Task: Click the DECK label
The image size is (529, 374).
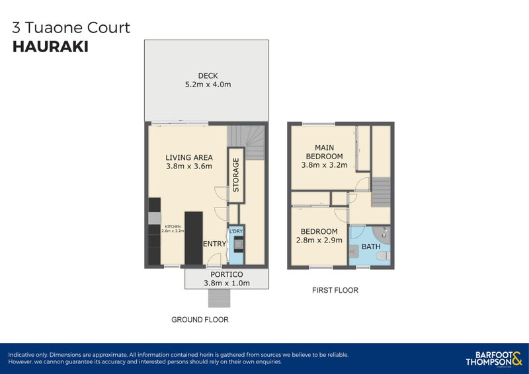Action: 208,75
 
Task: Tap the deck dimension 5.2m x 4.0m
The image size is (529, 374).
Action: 208,85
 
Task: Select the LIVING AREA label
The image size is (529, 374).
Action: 188,157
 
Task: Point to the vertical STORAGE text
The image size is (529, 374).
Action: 235,175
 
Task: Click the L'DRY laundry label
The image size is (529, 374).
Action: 236,231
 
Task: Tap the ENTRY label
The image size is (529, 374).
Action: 214,244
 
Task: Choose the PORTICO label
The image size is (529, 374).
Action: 227,274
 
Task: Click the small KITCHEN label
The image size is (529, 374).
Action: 173,227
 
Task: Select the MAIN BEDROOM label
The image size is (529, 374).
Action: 324,151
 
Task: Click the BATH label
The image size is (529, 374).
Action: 370,247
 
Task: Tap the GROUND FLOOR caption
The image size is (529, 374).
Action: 200,320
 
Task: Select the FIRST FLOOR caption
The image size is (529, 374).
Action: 335,290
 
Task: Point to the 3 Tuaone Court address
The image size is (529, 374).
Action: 71,28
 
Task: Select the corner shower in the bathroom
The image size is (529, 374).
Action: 384,233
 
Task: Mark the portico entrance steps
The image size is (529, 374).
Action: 219,298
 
